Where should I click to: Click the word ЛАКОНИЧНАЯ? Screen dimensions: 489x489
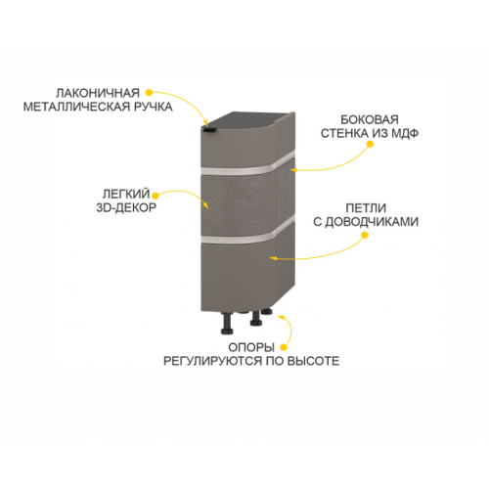(98, 93)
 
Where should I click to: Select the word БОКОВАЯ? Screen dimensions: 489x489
(370, 120)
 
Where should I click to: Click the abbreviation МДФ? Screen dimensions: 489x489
(405, 133)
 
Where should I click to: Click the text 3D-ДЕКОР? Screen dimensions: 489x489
(126, 207)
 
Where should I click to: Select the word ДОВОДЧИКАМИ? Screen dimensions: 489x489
(372, 222)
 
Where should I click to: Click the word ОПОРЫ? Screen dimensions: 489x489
(251, 347)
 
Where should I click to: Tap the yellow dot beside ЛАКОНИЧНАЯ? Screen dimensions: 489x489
(149, 93)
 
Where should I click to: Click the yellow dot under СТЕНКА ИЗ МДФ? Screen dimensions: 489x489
(370, 144)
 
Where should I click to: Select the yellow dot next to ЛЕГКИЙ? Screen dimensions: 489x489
(156, 196)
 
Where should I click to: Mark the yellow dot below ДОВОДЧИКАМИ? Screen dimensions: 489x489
(365, 235)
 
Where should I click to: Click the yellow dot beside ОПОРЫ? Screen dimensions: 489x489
(284, 348)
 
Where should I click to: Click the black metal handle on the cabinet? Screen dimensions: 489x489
(208, 130)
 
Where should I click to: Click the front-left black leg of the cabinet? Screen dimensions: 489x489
(227, 324)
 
